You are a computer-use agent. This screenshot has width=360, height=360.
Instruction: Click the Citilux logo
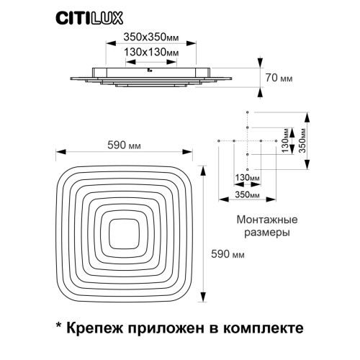pos(89,18)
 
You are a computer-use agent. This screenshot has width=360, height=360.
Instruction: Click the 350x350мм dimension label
pos(151,37)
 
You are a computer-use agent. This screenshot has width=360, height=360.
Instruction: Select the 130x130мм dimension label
pos(151,52)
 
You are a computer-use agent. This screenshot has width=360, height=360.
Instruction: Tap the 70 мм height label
pos(279,78)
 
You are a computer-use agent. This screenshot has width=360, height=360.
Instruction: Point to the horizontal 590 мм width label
pos(124,145)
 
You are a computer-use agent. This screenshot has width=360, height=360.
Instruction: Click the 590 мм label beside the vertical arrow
pos(228,254)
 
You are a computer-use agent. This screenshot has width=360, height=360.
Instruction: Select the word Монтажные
pos(267,220)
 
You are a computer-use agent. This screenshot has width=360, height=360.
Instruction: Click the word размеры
pos(267,233)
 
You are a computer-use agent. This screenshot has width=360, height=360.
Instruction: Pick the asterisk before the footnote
pos(58,325)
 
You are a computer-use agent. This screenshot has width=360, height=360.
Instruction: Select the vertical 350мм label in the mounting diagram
pos(303,140)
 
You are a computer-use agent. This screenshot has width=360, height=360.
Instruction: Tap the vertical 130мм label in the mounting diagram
pos(285,140)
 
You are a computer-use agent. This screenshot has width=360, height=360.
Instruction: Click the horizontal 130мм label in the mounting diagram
pos(247,178)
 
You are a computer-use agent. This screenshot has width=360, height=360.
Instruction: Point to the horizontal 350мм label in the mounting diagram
pos(247,194)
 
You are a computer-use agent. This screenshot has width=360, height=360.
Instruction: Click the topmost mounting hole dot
pos(248,112)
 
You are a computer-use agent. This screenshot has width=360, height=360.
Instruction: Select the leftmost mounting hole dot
pos(219,140)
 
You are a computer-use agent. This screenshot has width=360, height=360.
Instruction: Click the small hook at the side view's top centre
pos(150,71)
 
